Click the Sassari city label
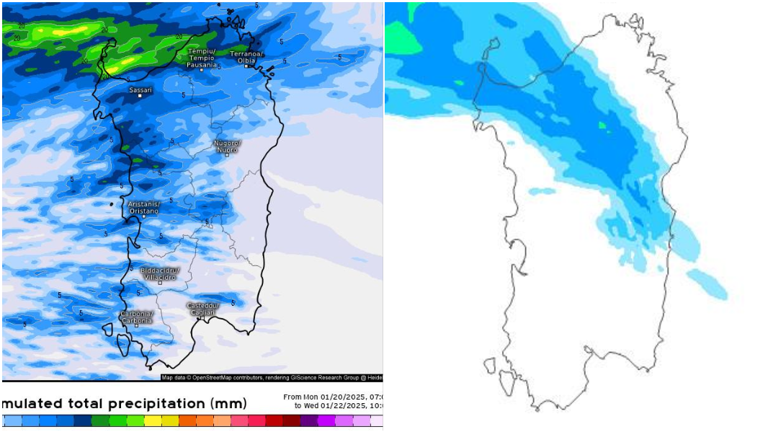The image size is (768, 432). (140, 90)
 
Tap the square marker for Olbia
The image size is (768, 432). (246, 66)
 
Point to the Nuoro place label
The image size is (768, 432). (227, 146)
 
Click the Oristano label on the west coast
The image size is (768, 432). (143, 207)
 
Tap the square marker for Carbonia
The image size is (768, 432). (136, 325)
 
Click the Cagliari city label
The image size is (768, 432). (202, 309)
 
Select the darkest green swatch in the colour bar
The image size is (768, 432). (100, 420)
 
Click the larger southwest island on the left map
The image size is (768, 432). (123, 345)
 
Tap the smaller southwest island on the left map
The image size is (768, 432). (108, 330)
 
